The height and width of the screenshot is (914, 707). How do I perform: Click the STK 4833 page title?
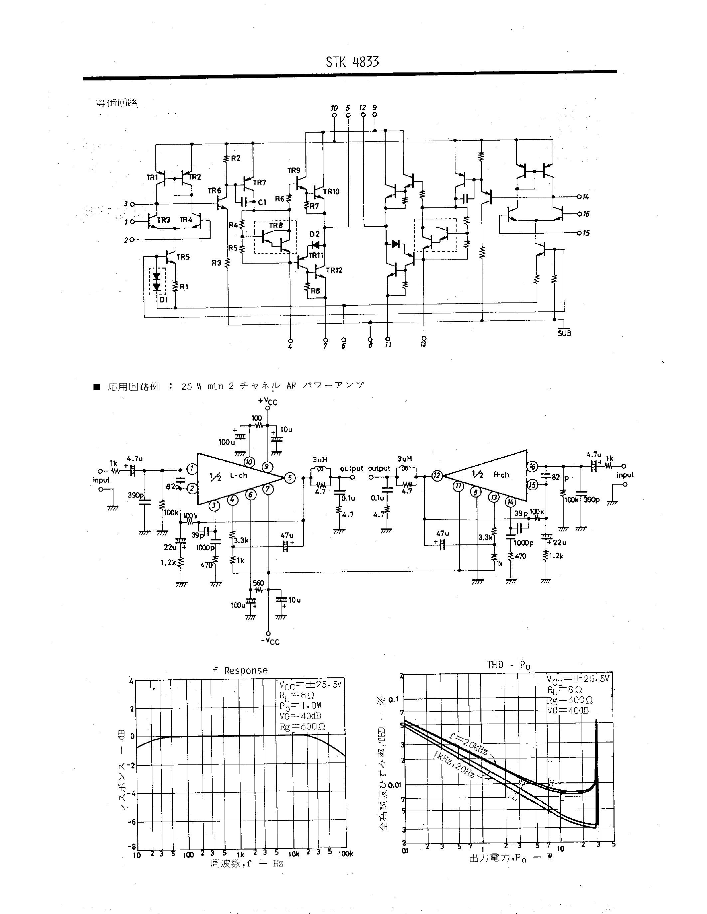point(352,62)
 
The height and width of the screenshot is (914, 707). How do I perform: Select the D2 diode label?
point(314,234)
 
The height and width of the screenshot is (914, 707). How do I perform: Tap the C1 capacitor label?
point(262,202)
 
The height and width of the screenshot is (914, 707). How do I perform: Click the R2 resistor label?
point(236,158)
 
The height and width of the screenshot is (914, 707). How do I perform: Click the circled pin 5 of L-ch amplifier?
point(290,478)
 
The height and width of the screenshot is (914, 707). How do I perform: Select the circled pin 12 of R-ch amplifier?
point(437,475)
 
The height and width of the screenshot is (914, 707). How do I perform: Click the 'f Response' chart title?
point(240,670)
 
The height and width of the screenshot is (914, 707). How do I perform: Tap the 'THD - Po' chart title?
point(508,665)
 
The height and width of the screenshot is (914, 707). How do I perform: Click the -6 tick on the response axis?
point(131,822)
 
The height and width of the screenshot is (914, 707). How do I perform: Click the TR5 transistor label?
point(183,257)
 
